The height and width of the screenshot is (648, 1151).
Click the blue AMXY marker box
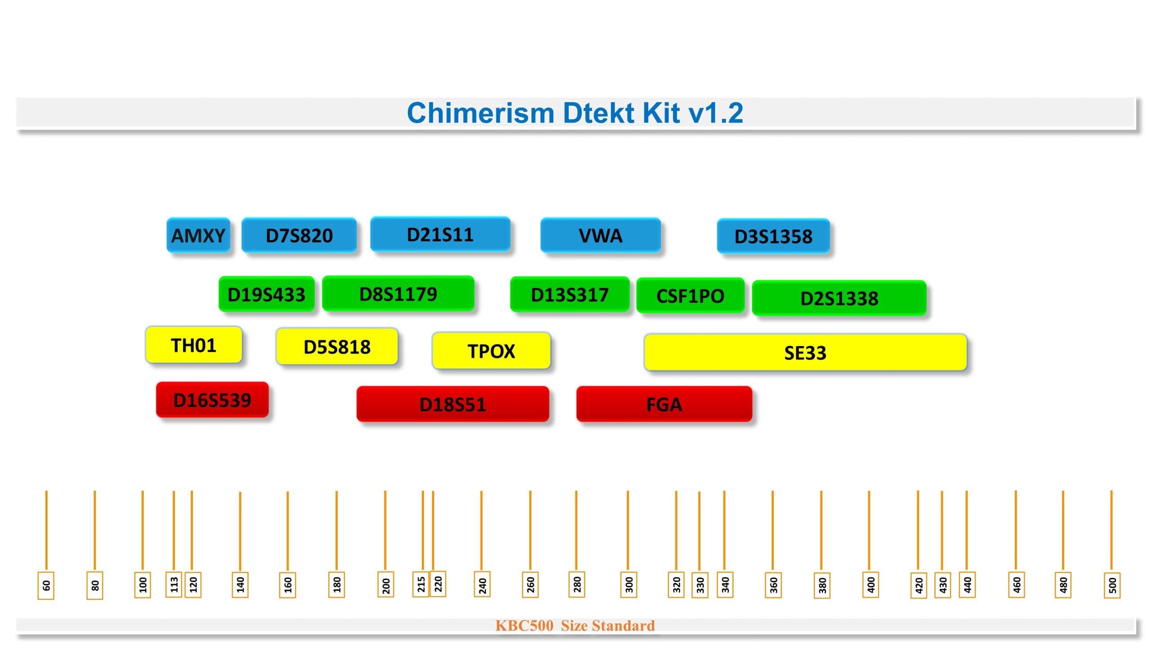click(x=198, y=235)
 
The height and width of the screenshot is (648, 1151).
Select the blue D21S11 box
click(x=440, y=234)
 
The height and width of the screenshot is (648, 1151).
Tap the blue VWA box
click(x=601, y=235)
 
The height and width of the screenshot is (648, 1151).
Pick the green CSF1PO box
click(x=691, y=296)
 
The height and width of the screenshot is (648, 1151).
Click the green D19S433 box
click(x=267, y=294)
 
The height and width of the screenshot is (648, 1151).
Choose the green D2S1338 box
click(x=839, y=298)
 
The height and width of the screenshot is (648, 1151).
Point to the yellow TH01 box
click(x=194, y=345)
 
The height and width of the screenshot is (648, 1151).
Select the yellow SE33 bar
click(x=805, y=352)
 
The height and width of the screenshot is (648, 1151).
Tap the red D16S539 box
click(x=212, y=400)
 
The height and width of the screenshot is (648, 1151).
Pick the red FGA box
click(x=664, y=404)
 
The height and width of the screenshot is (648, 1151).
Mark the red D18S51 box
click(x=453, y=404)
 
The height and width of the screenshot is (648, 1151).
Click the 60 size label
click(x=46, y=585)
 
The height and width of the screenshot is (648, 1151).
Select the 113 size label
click(x=174, y=585)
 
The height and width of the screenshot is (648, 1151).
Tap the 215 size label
click(x=421, y=584)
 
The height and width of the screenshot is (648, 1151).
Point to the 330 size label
click(x=700, y=585)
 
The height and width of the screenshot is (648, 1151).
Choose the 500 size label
click(x=1112, y=585)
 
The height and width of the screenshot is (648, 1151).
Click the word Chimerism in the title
click(x=480, y=112)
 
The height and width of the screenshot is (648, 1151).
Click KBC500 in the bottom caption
click(x=524, y=625)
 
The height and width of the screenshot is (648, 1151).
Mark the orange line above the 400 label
click(x=869, y=531)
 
